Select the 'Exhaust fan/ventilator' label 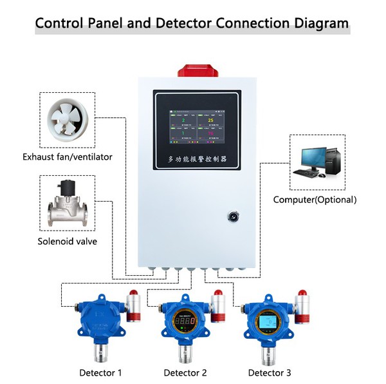tap(68, 157)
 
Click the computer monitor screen tap(311, 156)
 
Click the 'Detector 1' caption tap(100, 372)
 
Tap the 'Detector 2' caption tap(185, 372)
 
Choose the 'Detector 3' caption tap(270, 372)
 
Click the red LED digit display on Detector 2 tap(185, 320)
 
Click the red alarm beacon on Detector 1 tap(134, 294)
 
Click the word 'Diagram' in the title tap(313, 24)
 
